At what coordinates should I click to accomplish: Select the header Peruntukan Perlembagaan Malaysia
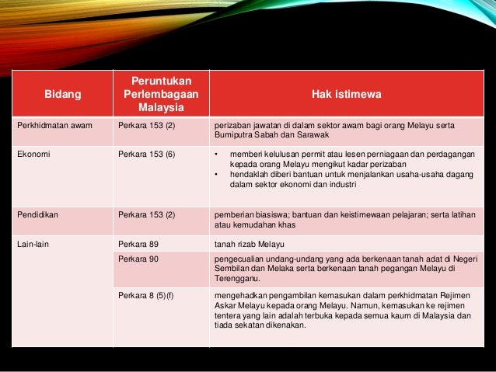point(161,94)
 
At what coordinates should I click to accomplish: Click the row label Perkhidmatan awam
point(50,125)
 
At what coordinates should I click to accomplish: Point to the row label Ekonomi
point(34,154)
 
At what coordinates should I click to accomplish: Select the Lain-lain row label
point(34,244)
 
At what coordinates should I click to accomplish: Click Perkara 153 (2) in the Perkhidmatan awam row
point(146,125)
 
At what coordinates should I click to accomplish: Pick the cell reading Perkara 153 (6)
point(146,154)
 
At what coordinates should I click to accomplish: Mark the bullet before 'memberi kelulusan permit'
point(216,154)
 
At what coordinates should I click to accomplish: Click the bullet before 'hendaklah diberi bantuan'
point(216,172)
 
